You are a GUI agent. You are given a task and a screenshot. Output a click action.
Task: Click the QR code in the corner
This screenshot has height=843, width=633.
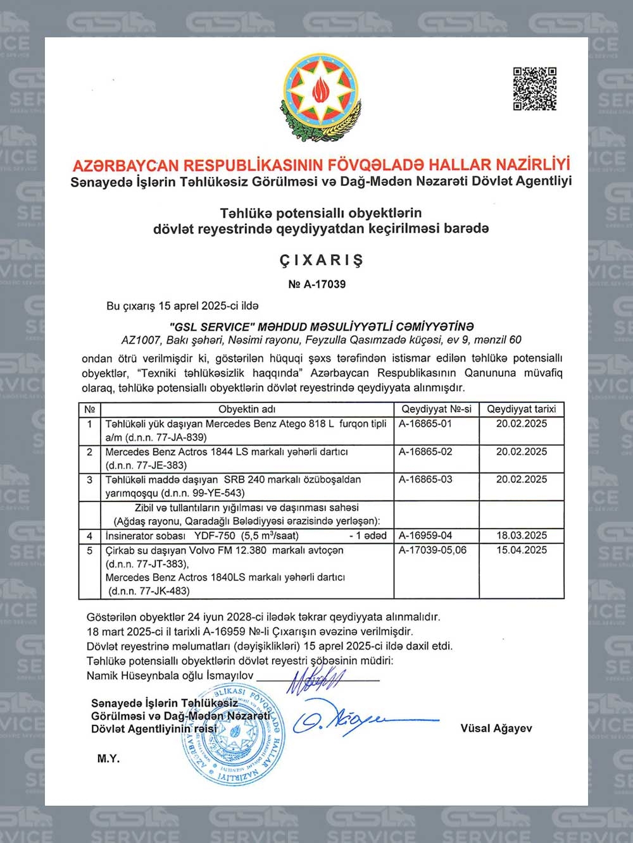(x=534, y=88)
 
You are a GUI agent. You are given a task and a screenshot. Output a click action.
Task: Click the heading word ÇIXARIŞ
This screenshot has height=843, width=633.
(x=322, y=260)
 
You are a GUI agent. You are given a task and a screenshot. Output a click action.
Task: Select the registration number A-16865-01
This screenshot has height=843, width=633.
(x=425, y=424)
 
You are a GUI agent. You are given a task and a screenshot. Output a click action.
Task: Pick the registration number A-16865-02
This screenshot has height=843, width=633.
(x=425, y=452)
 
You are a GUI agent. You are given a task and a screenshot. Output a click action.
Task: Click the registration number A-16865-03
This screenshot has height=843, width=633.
(x=425, y=479)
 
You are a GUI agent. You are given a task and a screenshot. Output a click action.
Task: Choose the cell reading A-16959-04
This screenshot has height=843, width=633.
(x=425, y=535)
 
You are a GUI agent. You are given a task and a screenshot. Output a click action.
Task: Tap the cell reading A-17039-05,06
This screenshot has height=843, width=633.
(x=432, y=550)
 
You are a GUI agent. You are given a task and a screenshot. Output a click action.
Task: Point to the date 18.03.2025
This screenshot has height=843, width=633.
(x=522, y=535)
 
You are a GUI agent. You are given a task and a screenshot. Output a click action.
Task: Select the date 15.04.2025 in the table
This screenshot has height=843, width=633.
(x=522, y=550)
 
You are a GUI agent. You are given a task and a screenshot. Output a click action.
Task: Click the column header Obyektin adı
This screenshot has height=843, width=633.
(x=247, y=409)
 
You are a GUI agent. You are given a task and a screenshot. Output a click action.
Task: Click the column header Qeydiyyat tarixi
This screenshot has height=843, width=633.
(x=522, y=409)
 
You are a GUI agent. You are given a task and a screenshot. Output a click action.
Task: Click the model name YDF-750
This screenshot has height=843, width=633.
(x=215, y=536)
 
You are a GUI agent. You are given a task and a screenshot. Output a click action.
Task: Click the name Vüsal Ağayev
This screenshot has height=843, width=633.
(x=496, y=729)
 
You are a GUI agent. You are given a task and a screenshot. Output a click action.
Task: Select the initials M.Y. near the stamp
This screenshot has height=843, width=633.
(x=108, y=758)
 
